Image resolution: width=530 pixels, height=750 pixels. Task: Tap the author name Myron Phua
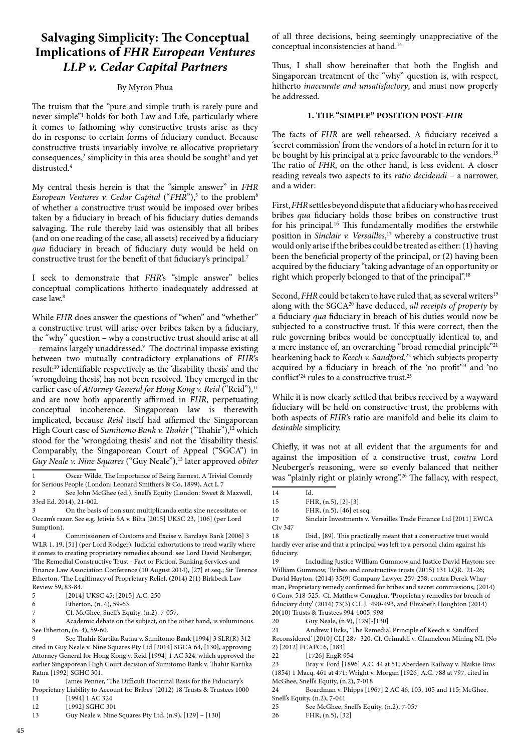click(145, 87)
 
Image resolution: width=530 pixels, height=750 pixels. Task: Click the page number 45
click(21, 730)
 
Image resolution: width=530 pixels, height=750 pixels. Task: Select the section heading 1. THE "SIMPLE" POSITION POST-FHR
click(385, 115)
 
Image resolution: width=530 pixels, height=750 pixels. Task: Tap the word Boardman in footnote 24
click(320, 689)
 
